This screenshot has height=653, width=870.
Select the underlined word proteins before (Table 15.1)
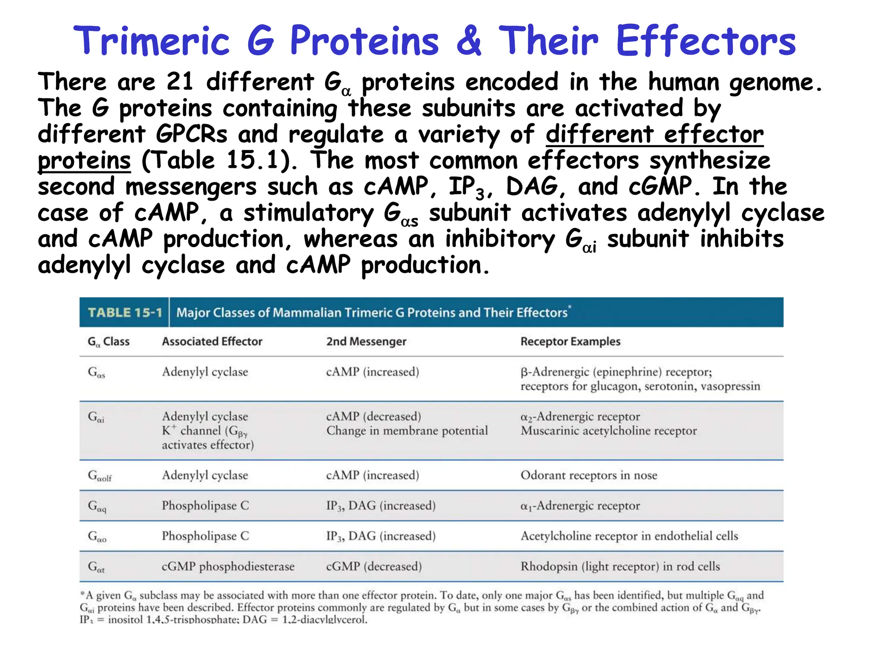point(84,161)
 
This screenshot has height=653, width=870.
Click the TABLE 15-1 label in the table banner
point(125,313)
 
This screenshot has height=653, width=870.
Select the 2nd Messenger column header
point(366,342)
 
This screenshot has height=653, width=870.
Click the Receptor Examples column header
point(570,342)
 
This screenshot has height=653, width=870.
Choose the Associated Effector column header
point(212,342)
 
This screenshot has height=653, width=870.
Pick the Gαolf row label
point(99,476)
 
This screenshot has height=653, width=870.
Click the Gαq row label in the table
point(97,506)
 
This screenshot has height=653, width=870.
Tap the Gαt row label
point(96,567)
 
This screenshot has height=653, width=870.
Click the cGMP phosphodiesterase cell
point(228,567)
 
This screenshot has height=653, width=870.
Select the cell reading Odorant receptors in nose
point(589,475)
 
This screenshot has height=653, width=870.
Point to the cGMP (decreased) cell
point(374,567)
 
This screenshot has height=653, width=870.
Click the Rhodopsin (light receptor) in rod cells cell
point(620,567)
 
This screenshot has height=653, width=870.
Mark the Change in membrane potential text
point(407,431)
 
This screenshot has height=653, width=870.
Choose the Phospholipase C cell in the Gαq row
point(205,506)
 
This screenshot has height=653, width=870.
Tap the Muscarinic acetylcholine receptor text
point(608,431)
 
